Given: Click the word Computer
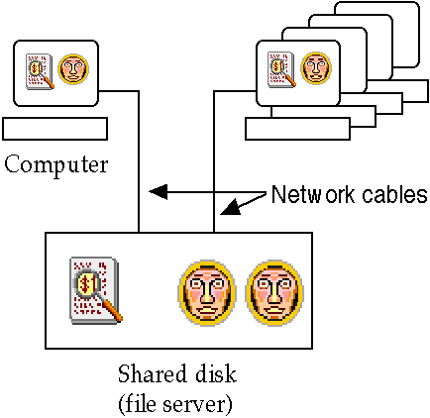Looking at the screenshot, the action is coord(56,165).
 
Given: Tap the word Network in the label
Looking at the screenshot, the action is coord(312,194).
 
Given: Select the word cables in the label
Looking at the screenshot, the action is coord(394,194).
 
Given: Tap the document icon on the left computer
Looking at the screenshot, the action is coord(41,71).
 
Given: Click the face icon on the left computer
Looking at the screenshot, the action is coord(73,69).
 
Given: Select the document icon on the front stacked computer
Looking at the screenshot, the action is coord(281,69).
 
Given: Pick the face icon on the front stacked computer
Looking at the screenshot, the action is coord(316,67).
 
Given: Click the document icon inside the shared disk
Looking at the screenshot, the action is coord(96,290).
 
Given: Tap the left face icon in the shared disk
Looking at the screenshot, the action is coord(207,292).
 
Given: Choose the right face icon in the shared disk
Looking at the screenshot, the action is coord(274,292).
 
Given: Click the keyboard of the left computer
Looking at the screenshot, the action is coord(54,129).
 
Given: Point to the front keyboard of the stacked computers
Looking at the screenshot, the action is coord(297,129).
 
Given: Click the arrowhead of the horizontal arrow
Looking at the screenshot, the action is coord(159,191).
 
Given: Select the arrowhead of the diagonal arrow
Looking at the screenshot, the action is coord(231,208).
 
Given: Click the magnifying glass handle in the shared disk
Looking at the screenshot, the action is coord(111,310).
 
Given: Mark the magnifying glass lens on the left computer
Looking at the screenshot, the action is coord(36,68).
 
